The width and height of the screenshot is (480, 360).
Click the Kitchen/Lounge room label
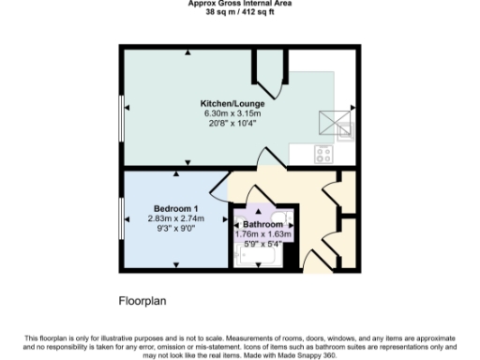point(238,103)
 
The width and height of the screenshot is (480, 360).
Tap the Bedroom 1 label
point(175,207)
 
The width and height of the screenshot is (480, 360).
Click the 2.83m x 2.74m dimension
point(175,217)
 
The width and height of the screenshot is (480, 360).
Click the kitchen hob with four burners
point(324,156)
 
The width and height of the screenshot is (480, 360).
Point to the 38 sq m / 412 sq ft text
point(239,13)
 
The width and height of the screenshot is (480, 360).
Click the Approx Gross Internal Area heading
point(239,4)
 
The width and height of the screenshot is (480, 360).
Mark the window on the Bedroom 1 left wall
point(122,217)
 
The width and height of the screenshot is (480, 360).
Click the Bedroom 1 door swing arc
point(218,192)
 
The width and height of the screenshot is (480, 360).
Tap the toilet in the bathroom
point(289,221)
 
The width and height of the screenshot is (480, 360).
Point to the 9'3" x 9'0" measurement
point(175,227)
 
